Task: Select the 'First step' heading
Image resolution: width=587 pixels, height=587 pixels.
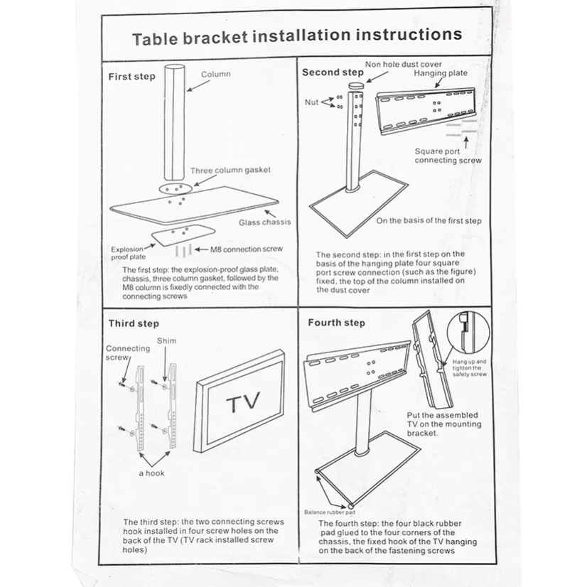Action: point(131,76)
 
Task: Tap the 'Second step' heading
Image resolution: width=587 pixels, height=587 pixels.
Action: point(333,72)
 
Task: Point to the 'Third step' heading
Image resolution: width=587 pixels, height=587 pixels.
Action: point(134,323)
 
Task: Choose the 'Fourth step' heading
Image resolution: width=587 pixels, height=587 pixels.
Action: point(336,323)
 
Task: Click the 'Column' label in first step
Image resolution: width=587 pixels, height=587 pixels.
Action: point(215,74)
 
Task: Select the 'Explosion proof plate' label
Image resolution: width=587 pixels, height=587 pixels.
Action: point(127,253)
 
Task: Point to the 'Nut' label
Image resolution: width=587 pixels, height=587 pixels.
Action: point(311,102)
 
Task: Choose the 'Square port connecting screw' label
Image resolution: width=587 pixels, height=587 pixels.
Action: point(448,156)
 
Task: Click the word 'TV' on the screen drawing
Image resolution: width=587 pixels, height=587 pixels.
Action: point(244,404)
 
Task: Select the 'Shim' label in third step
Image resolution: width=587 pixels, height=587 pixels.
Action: point(166,340)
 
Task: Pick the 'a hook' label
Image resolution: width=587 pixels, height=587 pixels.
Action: point(151,473)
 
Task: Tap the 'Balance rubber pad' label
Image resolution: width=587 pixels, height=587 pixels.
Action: point(329,512)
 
